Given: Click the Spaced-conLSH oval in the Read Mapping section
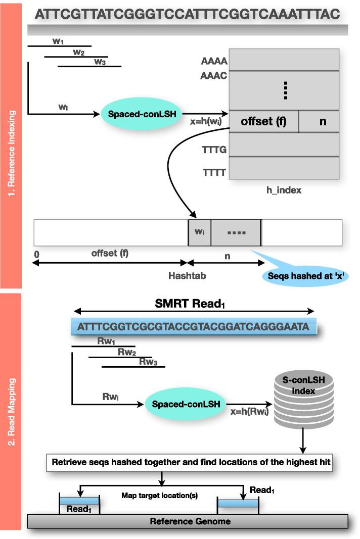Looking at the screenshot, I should pos(186,404).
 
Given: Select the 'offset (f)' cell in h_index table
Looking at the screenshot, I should pos(263,122).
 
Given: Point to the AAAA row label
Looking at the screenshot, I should pos(214,62).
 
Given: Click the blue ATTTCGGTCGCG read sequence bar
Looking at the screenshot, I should pos(194,327).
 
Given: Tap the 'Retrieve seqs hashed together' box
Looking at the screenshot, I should pos(190,462).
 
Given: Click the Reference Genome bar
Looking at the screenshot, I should pos(187,521).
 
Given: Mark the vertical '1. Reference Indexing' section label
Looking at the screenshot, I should pos(13,146).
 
